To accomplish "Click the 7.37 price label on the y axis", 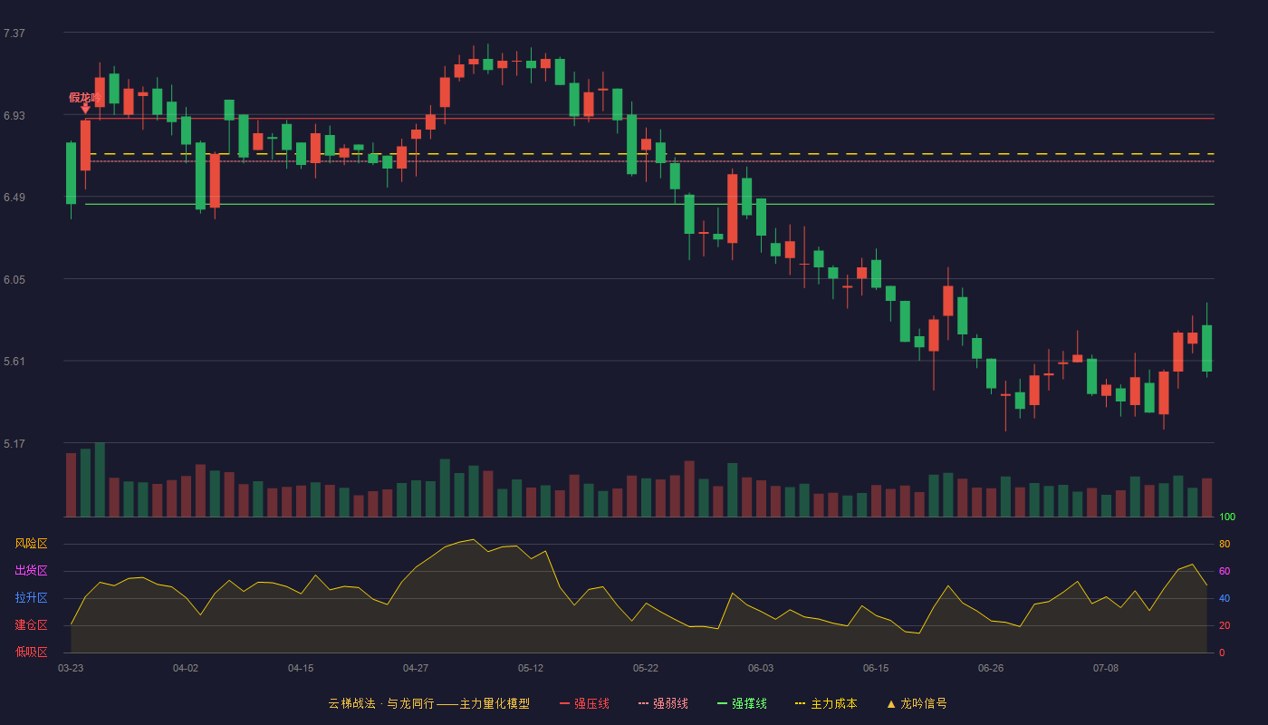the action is (14, 34).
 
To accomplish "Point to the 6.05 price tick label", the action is (14, 280).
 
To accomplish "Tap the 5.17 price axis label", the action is (14, 444).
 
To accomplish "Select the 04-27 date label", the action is (416, 669).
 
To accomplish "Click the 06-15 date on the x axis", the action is (876, 669).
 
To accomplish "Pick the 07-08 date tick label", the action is (1106, 669).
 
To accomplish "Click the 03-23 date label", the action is (71, 669).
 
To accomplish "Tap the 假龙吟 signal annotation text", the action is (85, 98).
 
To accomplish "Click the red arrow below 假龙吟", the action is (85, 109).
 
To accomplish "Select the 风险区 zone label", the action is (31, 544).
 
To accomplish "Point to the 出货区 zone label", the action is (31, 570).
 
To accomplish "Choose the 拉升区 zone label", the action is (31, 597).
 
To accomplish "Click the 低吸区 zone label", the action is (31, 652).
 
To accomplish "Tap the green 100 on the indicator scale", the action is (1227, 517).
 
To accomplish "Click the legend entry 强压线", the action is (584, 703).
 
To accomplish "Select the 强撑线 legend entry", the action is (742, 703).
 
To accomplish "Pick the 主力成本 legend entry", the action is (826, 703).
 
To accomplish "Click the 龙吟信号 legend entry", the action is (917, 703).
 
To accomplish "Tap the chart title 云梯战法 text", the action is (351, 703).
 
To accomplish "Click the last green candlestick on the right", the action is (1206, 348).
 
